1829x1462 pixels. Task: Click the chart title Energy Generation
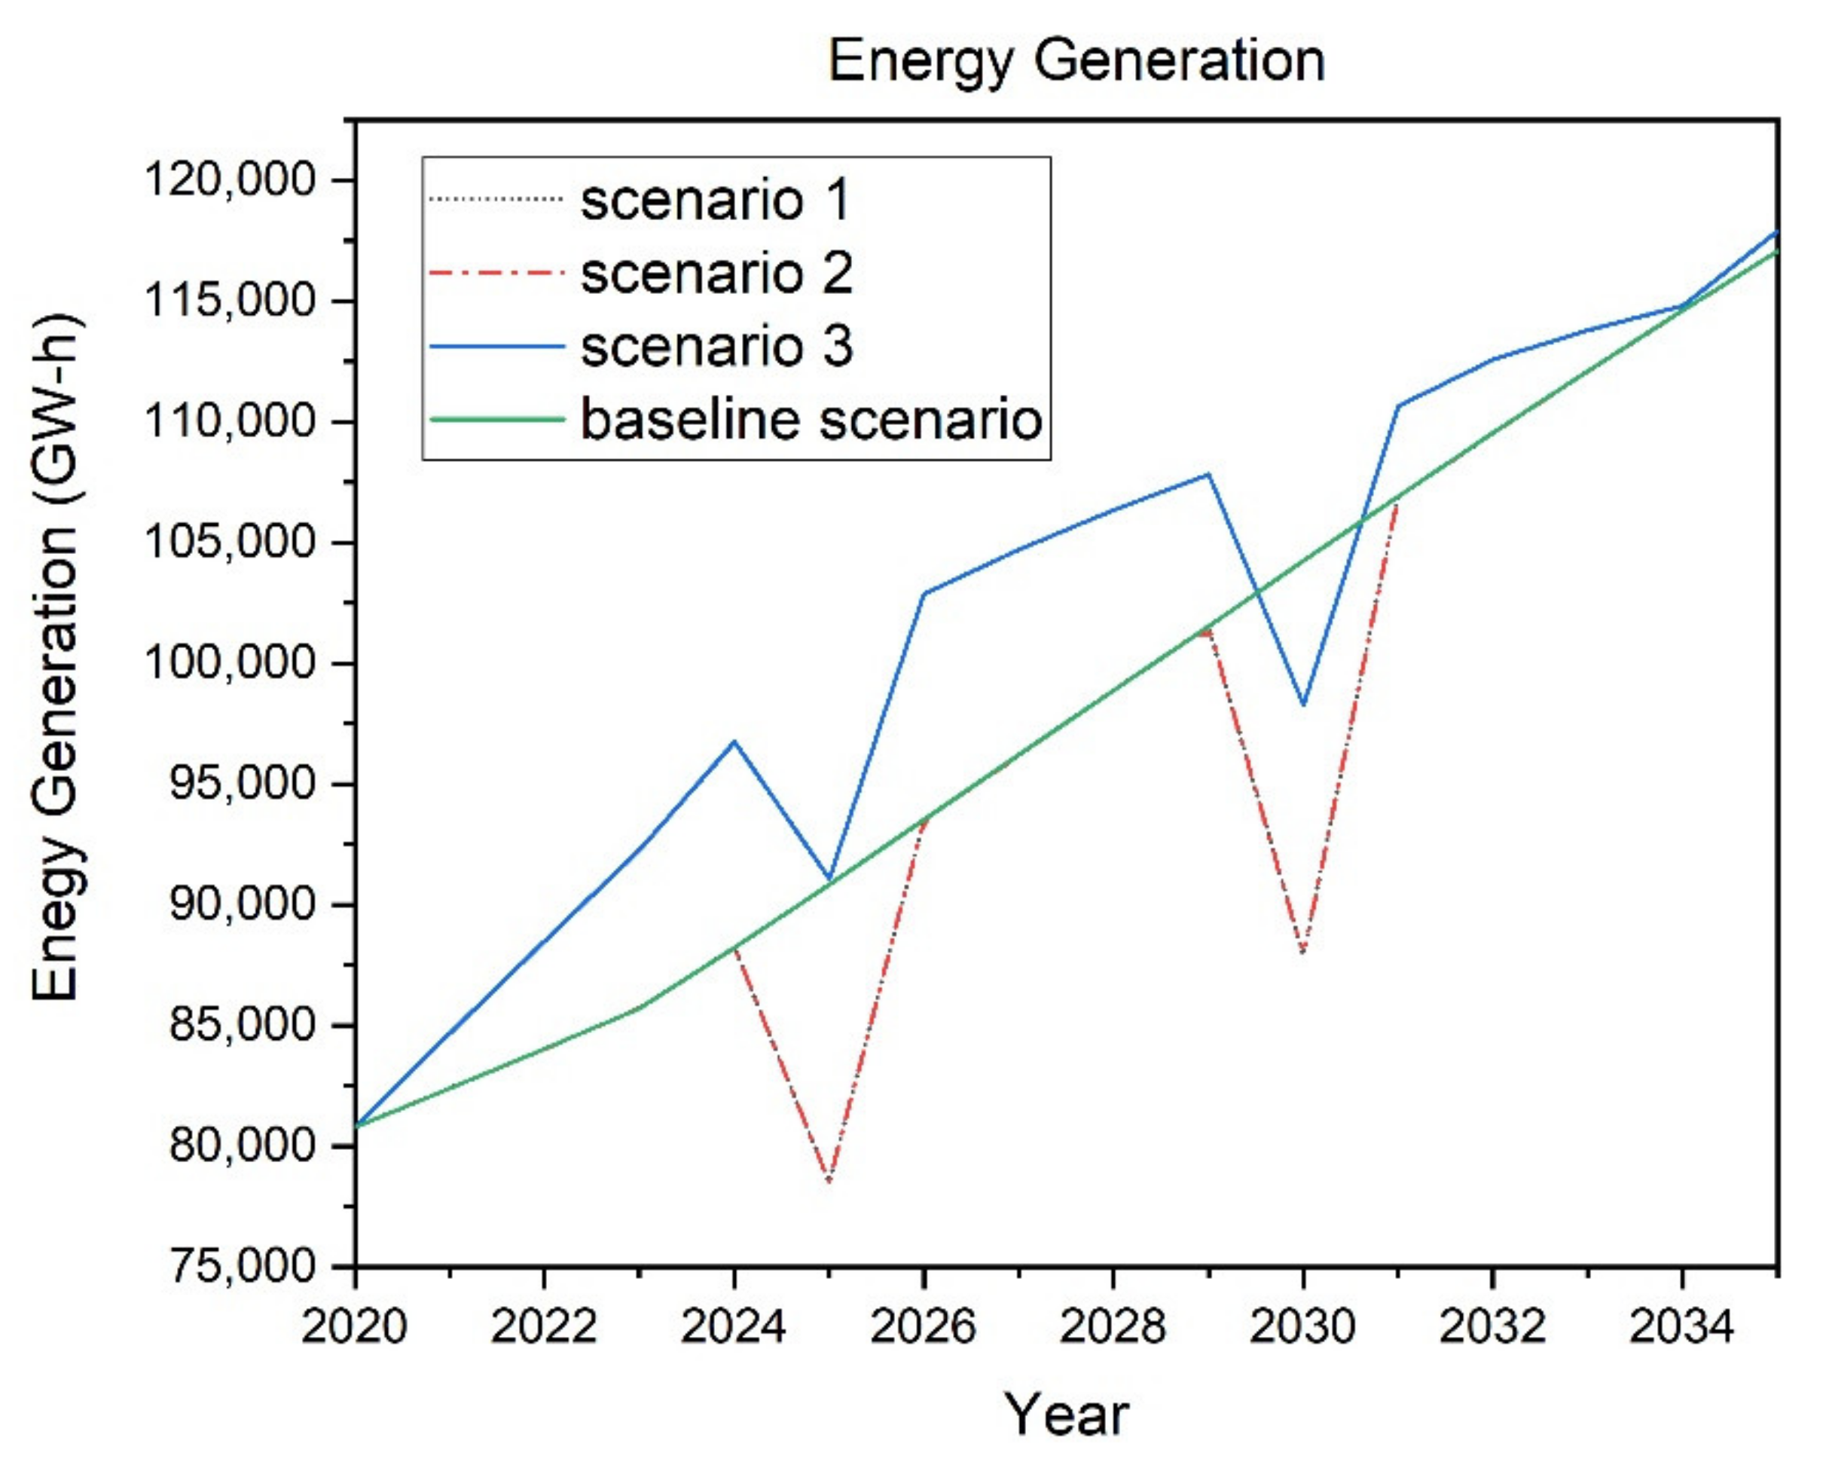1076,61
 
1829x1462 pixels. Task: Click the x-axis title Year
1067,1415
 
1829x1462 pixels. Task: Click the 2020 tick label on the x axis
355,1326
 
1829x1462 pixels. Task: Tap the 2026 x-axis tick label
923,1326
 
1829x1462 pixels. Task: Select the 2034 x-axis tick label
1681,1326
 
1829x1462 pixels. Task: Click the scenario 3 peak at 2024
734,742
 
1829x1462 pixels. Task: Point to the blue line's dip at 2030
1303,705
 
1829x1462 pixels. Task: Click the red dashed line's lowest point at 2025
829,1180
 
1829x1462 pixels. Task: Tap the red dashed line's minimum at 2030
1303,952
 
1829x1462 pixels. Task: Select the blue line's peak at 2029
1208,473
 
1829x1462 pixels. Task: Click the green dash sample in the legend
496,419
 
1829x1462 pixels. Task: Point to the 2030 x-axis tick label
1302,1326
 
